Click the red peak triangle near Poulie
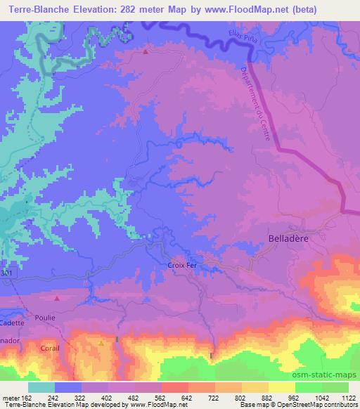pyautogui.click(x=58, y=298)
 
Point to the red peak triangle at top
pyautogui.click(x=146, y=52)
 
